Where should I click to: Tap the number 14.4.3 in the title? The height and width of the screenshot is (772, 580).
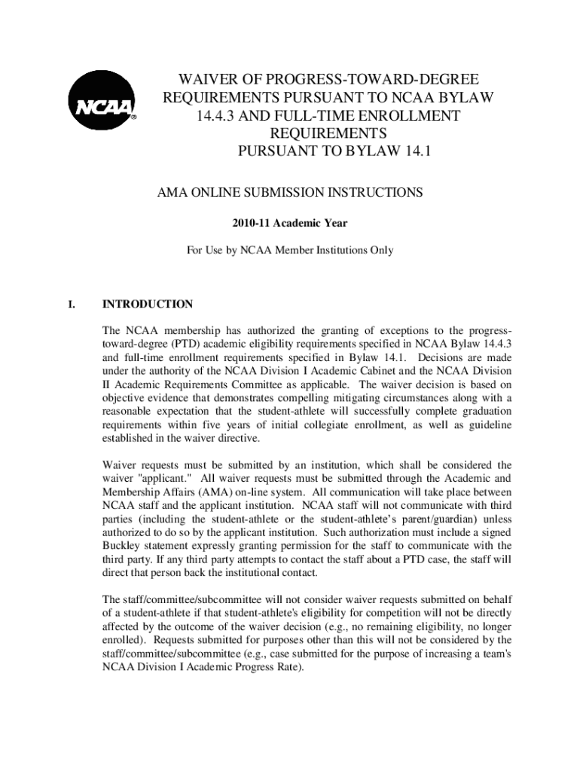click(215, 115)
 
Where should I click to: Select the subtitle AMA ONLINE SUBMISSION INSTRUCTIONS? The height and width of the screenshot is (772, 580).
click(290, 192)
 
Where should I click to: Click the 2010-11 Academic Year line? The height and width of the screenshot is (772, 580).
click(290, 223)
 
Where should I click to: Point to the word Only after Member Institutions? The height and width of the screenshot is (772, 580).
click(380, 250)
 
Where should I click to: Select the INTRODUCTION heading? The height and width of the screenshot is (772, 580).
click(148, 305)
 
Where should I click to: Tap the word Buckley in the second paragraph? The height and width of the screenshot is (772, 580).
click(124, 545)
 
